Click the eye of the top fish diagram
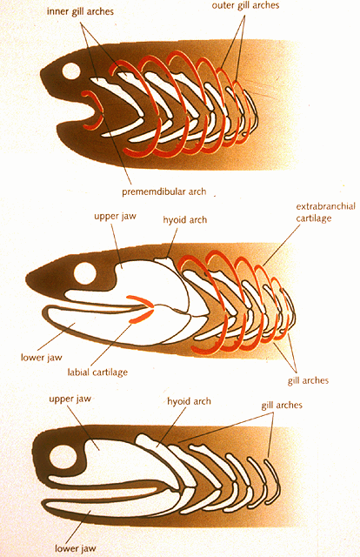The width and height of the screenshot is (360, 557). coord(71,70)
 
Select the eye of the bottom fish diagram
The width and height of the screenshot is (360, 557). coord(63,457)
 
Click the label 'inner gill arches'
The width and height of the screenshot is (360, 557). coord(80,11)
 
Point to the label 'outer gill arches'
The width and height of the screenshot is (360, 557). coord(245,5)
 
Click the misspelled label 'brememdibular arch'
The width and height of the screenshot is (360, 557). coord(163,191)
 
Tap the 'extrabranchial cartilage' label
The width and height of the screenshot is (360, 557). coord(325,212)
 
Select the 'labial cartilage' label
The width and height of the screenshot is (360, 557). coord(97,372)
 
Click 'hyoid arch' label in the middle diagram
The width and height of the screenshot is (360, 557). coord(184,220)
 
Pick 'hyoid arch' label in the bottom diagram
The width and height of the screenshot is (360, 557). coord(189,401)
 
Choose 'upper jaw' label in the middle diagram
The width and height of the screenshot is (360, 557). coord(115,216)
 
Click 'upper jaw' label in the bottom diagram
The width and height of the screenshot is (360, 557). coord(70,399)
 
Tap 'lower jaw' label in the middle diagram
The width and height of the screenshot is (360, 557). coord(41,357)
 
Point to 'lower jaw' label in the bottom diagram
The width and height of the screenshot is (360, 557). coord(76,548)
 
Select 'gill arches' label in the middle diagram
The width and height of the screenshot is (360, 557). coord(308,380)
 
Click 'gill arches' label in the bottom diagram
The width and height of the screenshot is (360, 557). coord(282,405)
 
